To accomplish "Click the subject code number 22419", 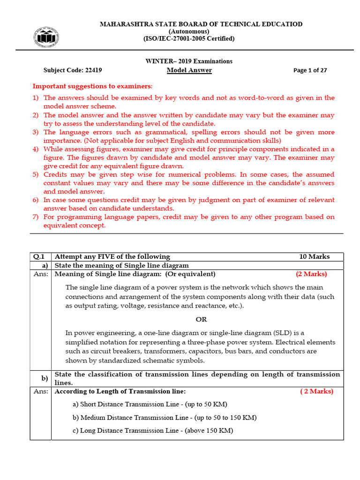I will (x=94, y=70).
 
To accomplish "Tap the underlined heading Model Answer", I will (x=189, y=70).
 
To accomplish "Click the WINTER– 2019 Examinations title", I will (x=189, y=61).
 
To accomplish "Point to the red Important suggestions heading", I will (x=92, y=86).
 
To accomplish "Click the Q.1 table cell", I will (x=40, y=256).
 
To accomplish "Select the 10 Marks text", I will (x=315, y=256).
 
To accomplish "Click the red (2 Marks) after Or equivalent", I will (x=311, y=274).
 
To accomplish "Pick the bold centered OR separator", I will (x=201, y=319).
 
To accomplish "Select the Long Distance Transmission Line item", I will (x=153, y=430).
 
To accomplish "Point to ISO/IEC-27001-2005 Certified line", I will (x=189, y=39).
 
